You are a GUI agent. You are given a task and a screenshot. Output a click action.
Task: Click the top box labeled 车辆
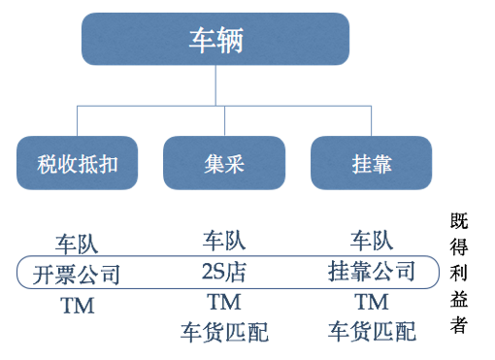[x=214, y=40]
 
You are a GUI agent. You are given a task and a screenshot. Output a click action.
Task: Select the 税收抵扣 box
[x=78, y=162]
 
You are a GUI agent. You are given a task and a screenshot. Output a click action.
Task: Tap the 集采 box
[x=224, y=162]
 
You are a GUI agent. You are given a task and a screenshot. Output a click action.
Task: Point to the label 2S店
[x=224, y=271]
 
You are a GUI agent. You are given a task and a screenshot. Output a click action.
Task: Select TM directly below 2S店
[x=224, y=301]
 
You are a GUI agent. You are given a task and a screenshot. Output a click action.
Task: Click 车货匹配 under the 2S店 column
[x=224, y=332]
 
